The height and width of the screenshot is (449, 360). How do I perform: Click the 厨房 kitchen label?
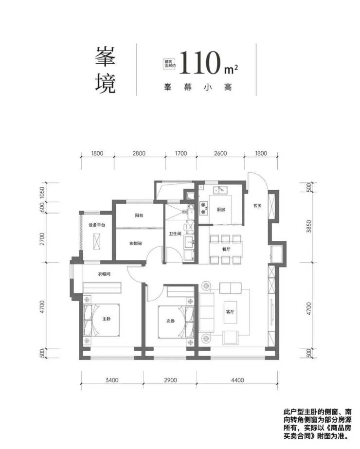click(221, 210)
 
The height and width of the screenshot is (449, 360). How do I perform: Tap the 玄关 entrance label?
click(257, 205)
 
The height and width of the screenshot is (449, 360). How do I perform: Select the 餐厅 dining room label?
click(226, 249)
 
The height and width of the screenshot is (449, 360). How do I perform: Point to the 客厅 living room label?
click(230, 311)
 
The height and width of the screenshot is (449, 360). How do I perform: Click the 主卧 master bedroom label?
click(106, 319)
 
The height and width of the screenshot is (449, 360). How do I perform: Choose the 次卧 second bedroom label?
click(170, 321)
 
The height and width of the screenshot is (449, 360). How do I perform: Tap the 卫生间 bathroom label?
click(175, 233)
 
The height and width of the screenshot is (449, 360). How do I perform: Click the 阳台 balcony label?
click(139, 216)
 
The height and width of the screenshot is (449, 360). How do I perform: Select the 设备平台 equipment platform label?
click(97, 225)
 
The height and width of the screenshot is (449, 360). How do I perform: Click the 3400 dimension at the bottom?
click(112, 380)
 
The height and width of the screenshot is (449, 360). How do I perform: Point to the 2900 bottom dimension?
click(170, 380)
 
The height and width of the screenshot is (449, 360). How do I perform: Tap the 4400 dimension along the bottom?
click(237, 380)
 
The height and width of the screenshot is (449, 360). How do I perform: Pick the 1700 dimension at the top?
click(181, 153)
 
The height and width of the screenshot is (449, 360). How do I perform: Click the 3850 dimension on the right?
click(309, 226)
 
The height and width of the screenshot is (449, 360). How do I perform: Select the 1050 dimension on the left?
click(42, 193)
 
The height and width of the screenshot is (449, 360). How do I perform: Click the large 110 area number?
click(201, 63)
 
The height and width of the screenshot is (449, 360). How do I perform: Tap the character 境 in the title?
click(106, 83)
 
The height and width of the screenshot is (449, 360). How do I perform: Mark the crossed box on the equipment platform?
click(97, 242)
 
